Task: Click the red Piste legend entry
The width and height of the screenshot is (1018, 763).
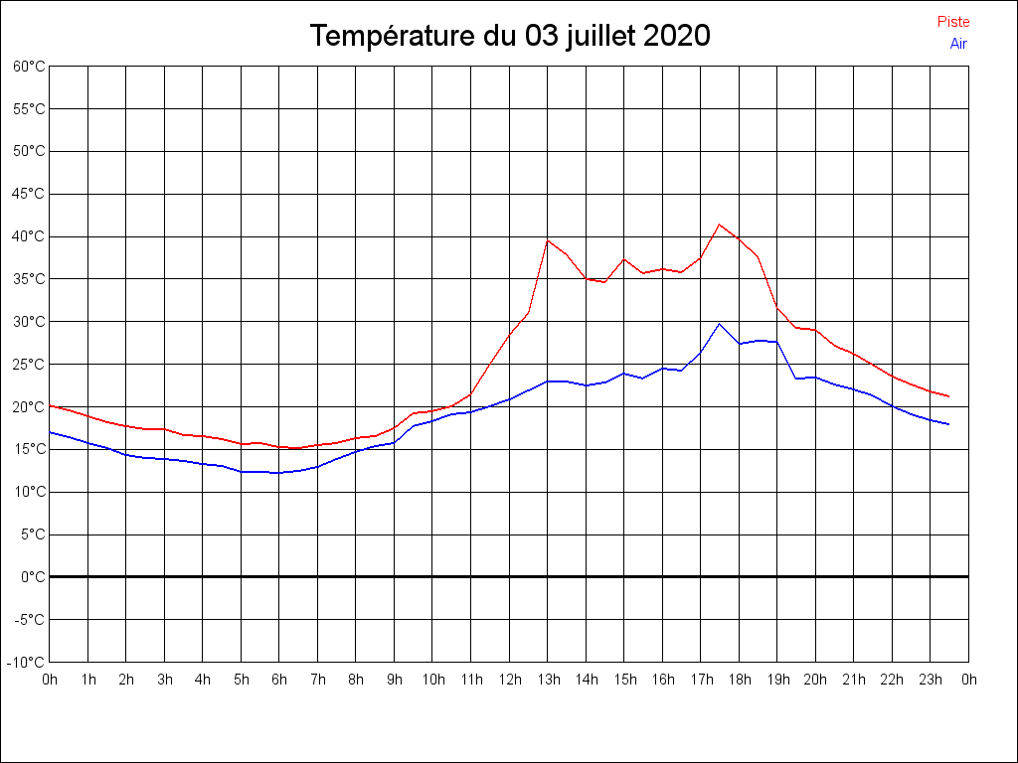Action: [x=952, y=22]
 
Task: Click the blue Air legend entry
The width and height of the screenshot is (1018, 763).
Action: [x=957, y=43]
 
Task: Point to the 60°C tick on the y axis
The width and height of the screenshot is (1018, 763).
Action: [x=29, y=66]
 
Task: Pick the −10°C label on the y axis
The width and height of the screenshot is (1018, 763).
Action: [x=27, y=662]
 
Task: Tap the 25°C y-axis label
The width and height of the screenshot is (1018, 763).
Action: [x=29, y=364]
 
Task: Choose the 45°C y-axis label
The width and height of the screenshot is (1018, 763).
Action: [x=29, y=194]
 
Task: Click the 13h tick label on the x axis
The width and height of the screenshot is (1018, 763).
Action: [x=548, y=680]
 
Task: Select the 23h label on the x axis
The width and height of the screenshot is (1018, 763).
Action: [x=931, y=680]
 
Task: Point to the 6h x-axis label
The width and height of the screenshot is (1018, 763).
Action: [x=279, y=680]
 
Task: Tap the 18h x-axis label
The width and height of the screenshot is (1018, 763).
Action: [x=740, y=680]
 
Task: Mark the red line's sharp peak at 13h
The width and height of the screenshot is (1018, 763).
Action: [x=548, y=239]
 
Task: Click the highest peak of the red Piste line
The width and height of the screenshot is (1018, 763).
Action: [x=720, y=225]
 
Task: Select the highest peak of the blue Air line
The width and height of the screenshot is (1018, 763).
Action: [x=720, y=324]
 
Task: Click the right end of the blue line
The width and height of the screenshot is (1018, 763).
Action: [x=949, y=424]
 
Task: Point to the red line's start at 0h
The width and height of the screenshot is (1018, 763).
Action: [x=50, y=405]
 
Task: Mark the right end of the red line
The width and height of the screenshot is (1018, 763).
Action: [x=949, y=396]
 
